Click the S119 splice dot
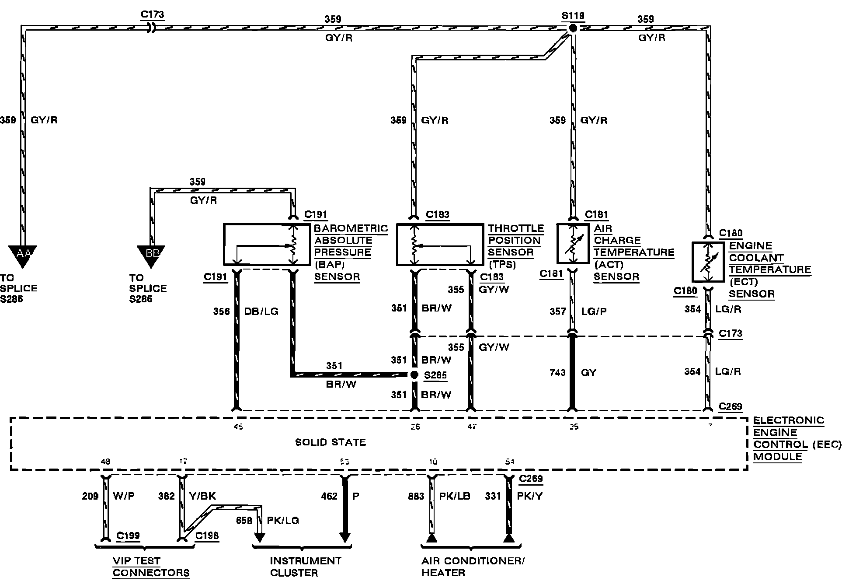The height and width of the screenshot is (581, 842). [x=573, y=28]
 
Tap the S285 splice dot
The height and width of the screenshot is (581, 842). [x=414, y=375]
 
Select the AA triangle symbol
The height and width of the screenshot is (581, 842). [x=22, y=255]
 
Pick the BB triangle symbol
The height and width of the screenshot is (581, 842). [x=151, y=255]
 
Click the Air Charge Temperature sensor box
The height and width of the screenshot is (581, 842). [x=573, y=244]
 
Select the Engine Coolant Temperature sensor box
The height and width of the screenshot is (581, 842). [x=708, y=262]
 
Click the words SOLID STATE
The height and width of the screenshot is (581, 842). [x=331, y=442]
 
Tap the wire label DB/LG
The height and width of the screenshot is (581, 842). [x=261, y=311]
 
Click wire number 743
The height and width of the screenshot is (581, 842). [x=558, y=372]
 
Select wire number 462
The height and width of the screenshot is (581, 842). [x=329, y=496]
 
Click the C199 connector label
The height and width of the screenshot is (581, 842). [x=128, y=535]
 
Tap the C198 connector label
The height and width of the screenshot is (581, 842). [x=207, y=535]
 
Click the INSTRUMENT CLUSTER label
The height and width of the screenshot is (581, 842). [x=305, y=567]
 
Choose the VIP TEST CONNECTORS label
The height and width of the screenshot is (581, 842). [x=151, y=567]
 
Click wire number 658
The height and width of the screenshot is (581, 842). [x=244, y=521]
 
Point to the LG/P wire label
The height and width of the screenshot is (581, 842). [x=593, y=311]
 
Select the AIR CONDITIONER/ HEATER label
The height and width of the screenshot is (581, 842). [x=473, y=567]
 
